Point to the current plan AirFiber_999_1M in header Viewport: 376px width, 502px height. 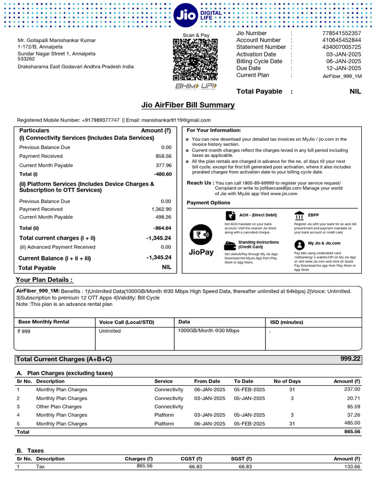coord(342,76)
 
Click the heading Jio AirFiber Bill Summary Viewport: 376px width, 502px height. coord(188,105)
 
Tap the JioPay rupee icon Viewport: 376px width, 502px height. coord(201,235)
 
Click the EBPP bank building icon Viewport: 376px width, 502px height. coord(299,216)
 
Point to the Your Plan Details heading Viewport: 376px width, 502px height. coord(45,280)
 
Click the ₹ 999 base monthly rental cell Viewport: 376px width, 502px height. coord(24,331)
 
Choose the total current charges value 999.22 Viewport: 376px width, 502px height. coord(350,359)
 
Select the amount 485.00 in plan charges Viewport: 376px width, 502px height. coord(352,424)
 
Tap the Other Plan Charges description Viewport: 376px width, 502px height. coord(59,407)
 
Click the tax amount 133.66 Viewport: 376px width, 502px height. coord(352,467)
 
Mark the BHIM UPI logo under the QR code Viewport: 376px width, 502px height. coord(195,86)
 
